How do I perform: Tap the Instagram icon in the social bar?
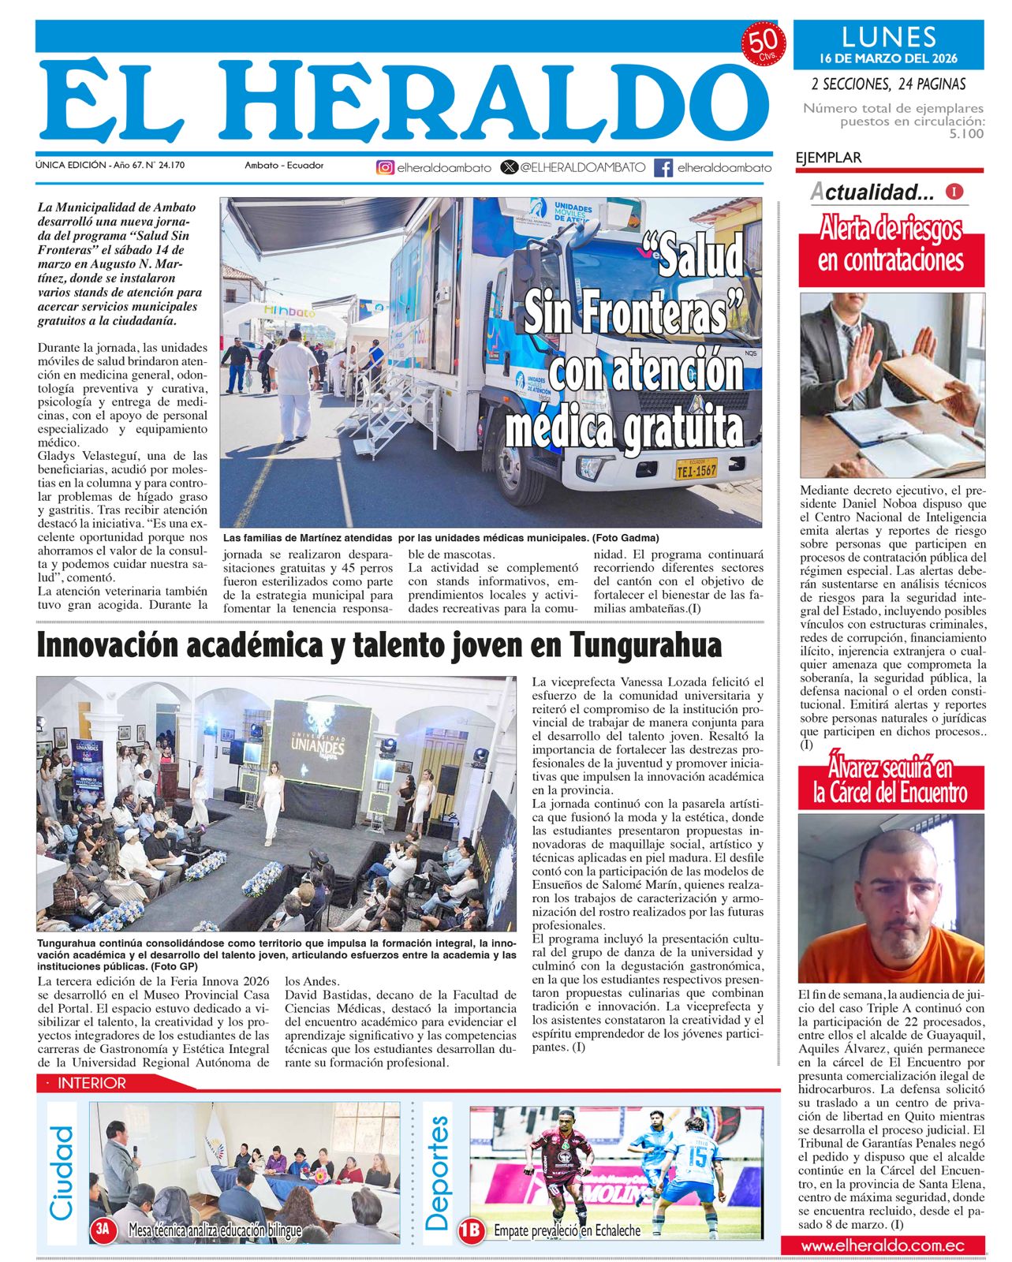385,167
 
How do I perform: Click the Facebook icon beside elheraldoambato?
664,167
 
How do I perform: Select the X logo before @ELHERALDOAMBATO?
510,167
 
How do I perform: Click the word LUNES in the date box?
888,37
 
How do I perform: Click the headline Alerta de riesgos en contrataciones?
891,245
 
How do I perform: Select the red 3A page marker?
104,1229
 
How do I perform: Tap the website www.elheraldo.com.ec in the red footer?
883,1245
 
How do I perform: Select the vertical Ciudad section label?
62,1173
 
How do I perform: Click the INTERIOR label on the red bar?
91,1084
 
